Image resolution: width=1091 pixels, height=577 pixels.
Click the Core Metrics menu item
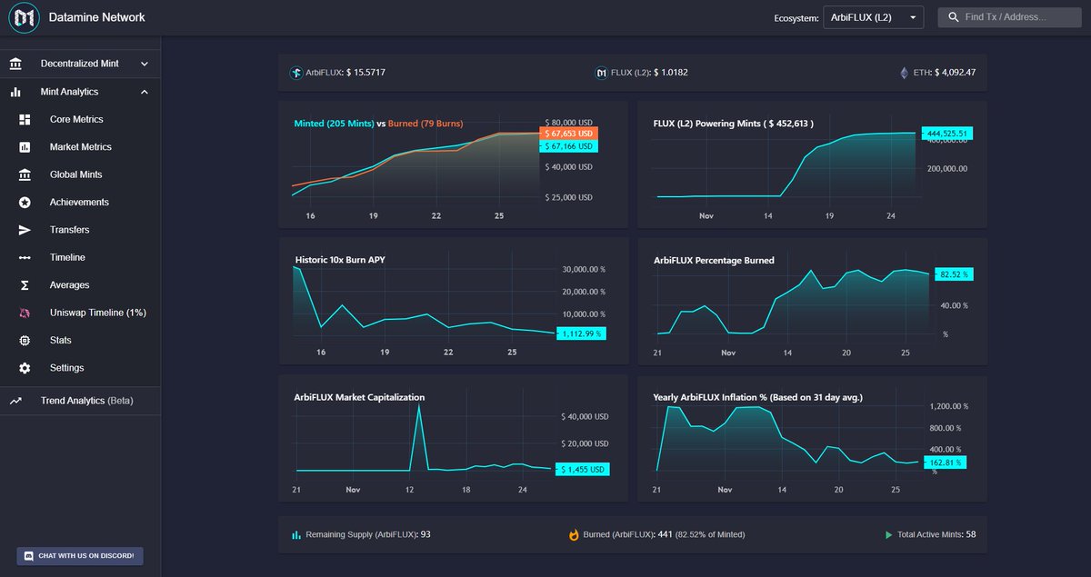click(76, 119)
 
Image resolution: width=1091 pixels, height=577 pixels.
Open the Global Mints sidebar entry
click(75, 174)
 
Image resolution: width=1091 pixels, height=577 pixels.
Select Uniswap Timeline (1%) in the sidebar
click(97, 313)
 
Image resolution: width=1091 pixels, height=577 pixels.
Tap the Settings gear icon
click(25, 368)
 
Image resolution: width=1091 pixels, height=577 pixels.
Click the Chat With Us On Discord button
click(80, 555)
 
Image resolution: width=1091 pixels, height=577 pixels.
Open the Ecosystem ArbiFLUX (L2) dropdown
click(873, 17)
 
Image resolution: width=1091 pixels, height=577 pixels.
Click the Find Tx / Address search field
click(1009, 17)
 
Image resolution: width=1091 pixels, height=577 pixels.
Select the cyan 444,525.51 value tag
click(946, 134)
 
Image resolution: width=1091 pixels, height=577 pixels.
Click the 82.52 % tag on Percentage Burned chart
click(951, 274)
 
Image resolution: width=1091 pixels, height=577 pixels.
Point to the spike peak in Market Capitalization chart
click(418, 406)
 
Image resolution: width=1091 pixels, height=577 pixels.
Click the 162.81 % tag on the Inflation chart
click(946, 463)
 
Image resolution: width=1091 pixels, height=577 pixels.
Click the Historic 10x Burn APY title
click(341, 260)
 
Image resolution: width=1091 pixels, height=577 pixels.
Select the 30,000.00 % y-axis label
click(584, 270)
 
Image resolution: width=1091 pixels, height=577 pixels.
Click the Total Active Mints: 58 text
click(936, 534)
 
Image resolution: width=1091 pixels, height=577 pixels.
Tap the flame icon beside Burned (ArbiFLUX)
click(574, 535)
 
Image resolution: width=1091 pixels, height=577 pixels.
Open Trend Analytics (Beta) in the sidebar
click(86, 401)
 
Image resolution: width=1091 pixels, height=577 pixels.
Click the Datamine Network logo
click(25, 17)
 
